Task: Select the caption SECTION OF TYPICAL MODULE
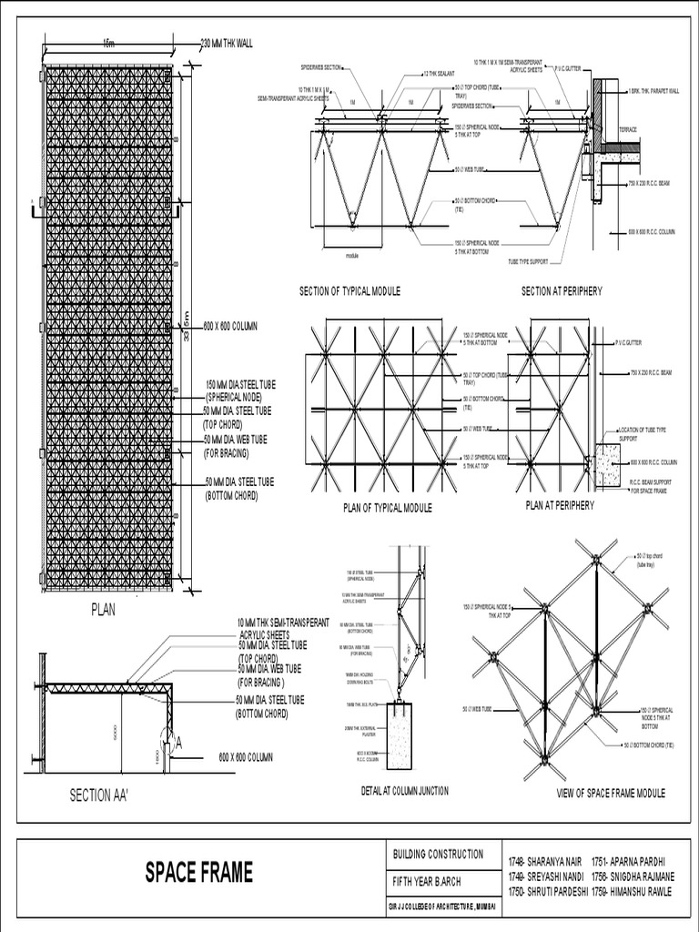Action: (x=350, y=291)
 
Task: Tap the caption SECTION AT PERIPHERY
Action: (x=562, y=291)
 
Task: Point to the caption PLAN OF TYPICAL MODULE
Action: (x=388, y=508)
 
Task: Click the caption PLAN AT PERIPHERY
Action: (x=560, y=505)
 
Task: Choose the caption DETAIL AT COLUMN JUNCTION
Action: (x=404, y=791)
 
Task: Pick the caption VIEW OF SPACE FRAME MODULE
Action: (x=611, y=794)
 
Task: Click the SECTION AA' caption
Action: (x=99, y=795)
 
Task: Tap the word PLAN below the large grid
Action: (x=103, y=611)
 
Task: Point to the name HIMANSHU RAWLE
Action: (x=632, y=891)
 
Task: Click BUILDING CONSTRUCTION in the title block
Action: (x=439, y=854)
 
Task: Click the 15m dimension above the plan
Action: (x=109, y=43)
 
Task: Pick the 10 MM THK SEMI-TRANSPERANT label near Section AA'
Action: (x=283, y=623)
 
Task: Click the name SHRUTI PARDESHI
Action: (x=547, y=891)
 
